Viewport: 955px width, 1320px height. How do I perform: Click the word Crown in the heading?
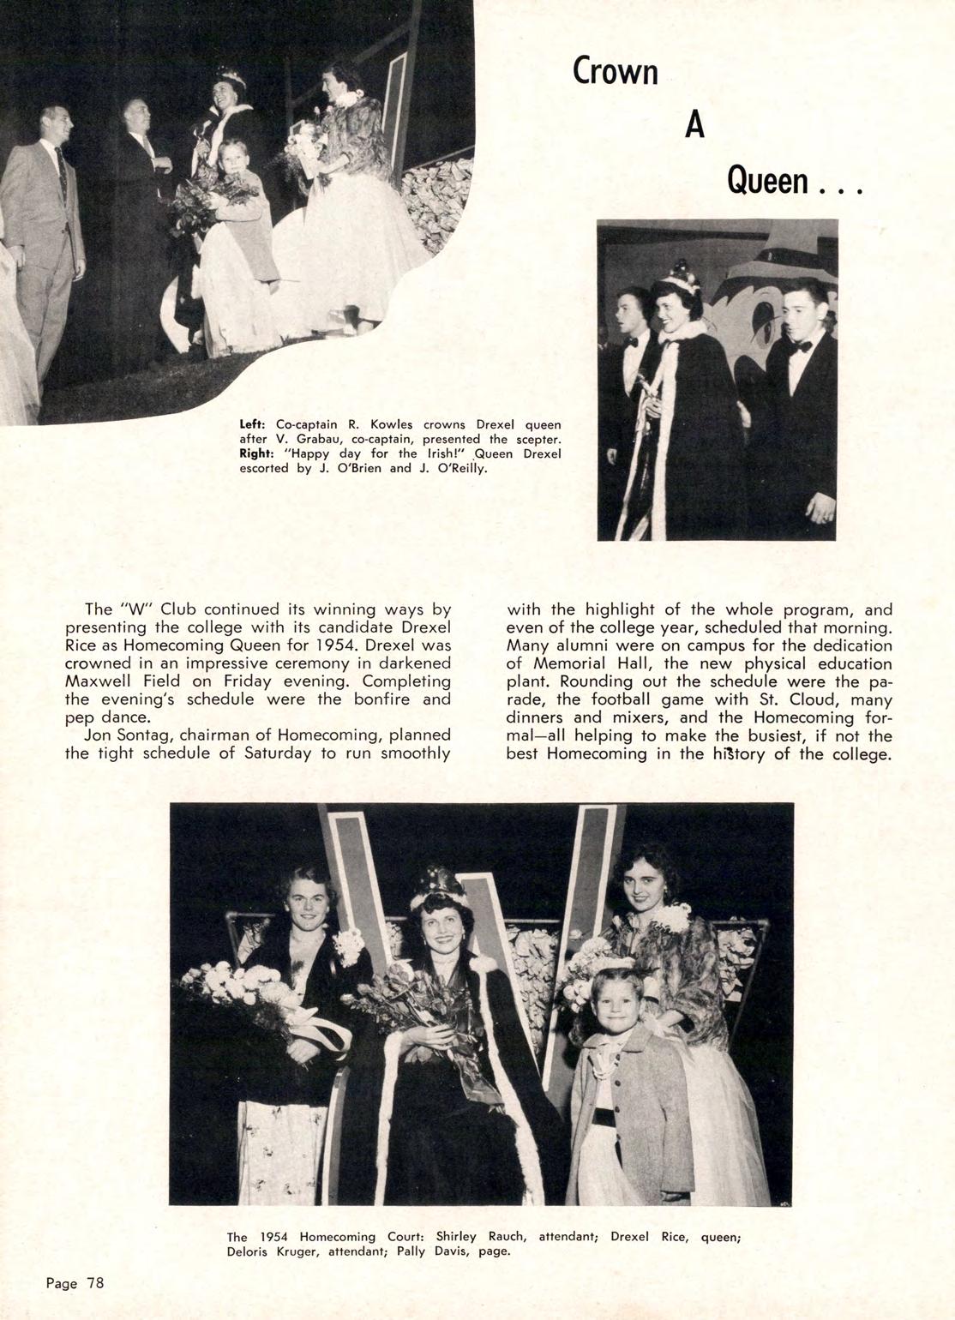click(x=615, y=71)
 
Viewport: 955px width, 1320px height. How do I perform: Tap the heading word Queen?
click(x=767, y=181)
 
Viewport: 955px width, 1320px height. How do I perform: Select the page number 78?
click(x=94, y=1283)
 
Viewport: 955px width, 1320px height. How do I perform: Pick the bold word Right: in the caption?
click(x=257, y=453)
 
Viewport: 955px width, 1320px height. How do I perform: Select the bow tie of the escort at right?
click(x=801, y=347)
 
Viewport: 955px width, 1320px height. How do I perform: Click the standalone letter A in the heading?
click(x=694, y=125)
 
